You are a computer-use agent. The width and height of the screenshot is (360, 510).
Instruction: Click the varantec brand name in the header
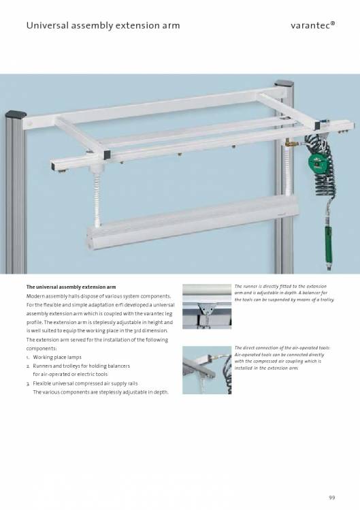tap(312, 25)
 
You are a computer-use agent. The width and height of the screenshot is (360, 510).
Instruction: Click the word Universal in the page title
tap(48, 25)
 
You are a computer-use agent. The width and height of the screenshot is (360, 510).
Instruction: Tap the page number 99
tap(331, 498)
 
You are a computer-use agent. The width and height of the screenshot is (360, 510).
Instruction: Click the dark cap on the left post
tap(16, 114)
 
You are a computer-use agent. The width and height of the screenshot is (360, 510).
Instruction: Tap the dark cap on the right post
tap(284, 84)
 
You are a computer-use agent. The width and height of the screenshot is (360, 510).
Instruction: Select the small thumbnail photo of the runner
tap(207, 306)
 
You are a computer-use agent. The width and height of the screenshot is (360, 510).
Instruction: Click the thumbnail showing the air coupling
tap(207, 370)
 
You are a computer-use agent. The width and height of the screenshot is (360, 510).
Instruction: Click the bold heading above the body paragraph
tap(71, 287)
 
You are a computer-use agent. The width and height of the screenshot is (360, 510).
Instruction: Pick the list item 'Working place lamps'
tap(57, 357)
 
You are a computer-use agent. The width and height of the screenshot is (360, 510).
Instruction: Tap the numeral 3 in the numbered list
tap(28, 384)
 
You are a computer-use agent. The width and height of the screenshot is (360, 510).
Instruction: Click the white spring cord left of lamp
tap(97, 201)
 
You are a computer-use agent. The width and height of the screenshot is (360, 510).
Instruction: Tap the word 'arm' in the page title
tap(171, 25)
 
